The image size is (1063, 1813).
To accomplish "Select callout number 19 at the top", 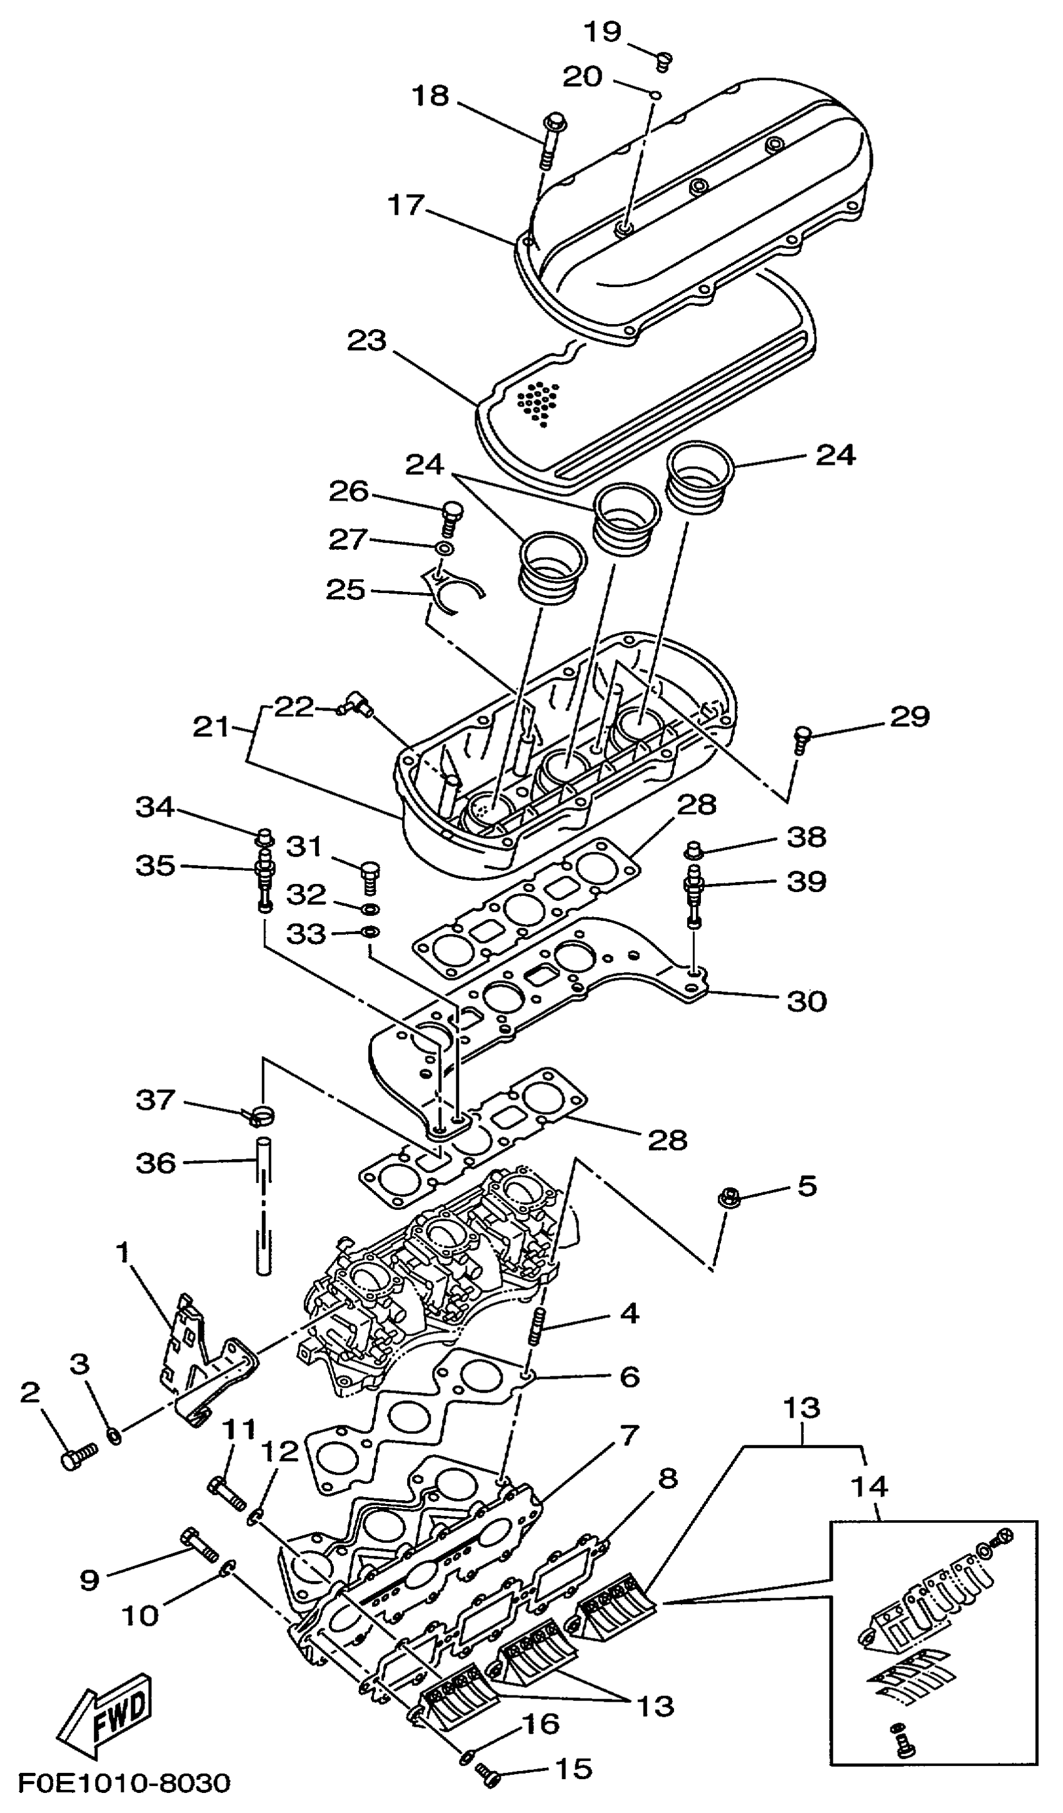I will pos(602,32).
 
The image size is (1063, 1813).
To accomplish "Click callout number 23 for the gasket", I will pos(367,340).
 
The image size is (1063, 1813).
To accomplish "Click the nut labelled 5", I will pos(727,1199).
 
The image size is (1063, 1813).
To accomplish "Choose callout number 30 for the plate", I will pos(806,1001).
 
